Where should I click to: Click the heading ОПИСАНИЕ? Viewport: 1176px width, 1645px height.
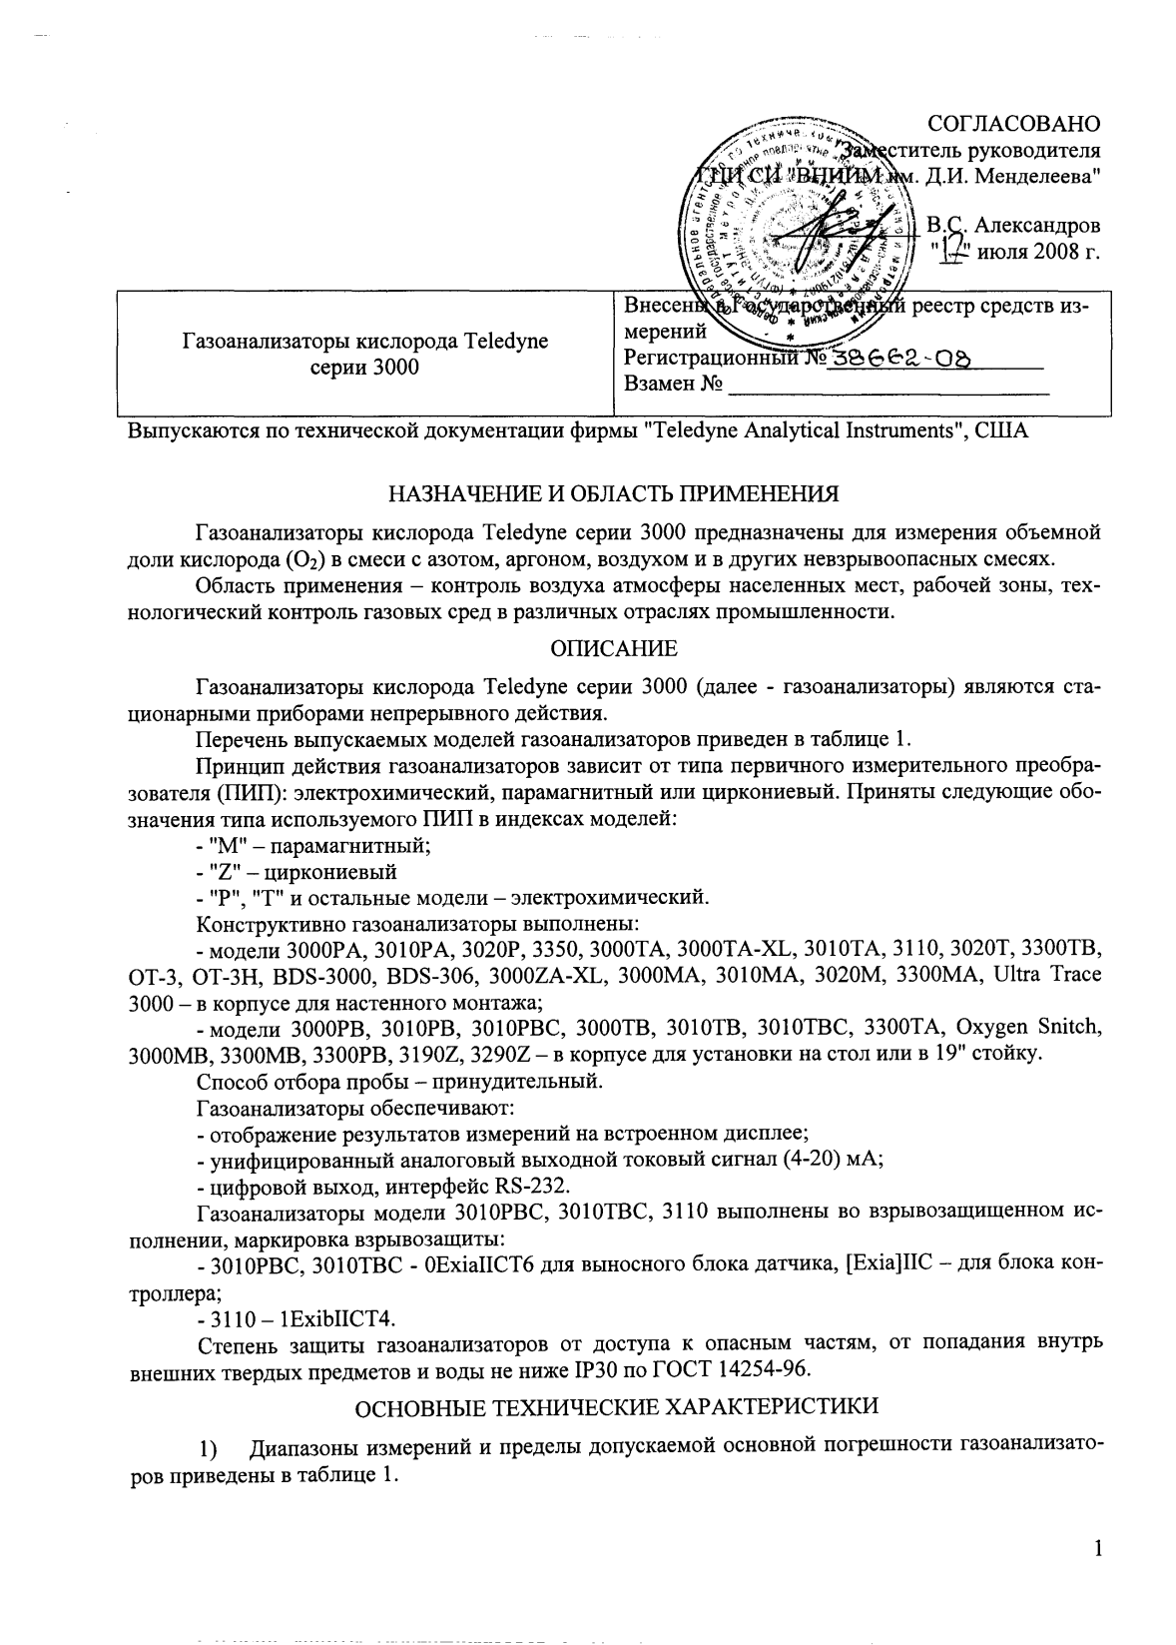614,649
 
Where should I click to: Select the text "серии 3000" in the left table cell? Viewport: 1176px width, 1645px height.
365,367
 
